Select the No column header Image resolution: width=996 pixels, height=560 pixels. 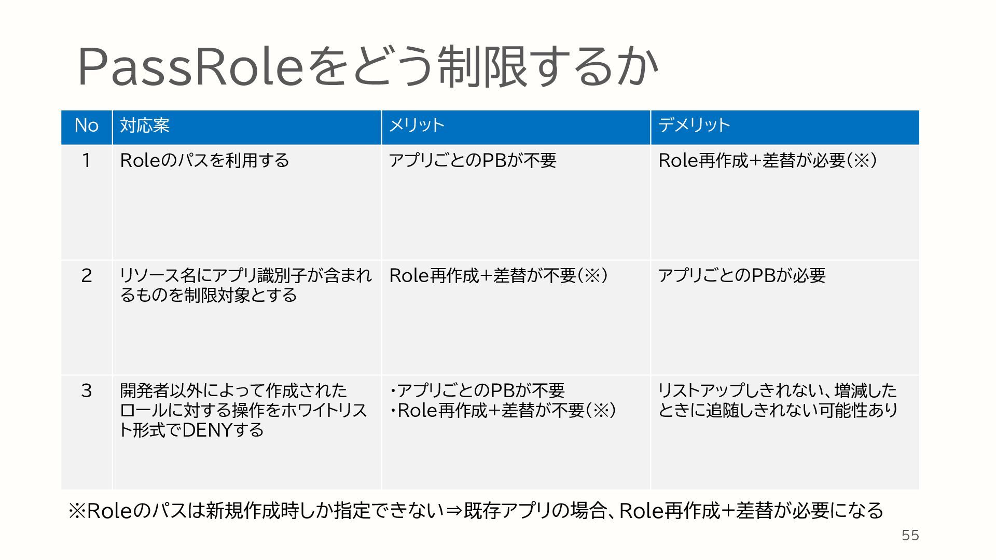(x=86, y=125)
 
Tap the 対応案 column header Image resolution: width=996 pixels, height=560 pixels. (x=145, y=125)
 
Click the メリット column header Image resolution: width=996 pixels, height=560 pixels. (x=417, y=125)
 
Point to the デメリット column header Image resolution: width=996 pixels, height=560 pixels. (x=694, y=125)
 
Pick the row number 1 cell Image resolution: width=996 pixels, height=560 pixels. (x=86, y=161)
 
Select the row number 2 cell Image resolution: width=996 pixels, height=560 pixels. (x=86, y=276)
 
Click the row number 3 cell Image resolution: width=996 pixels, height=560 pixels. (x=86, y=391)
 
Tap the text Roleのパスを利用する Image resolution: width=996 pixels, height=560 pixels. (x=204, y=161)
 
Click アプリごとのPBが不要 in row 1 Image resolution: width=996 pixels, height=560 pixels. (x=473, y=161)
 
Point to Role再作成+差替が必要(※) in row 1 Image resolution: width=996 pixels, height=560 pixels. (x=768, y=161)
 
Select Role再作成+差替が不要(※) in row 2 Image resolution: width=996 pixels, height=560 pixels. (x=498, y=276)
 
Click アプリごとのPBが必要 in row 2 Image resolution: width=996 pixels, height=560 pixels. (x=741, y=276)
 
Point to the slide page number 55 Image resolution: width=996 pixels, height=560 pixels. (x=910, y=536)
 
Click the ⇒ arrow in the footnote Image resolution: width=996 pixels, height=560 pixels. (x=453, y=511)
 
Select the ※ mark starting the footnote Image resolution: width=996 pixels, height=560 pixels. (x=77, y=511)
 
